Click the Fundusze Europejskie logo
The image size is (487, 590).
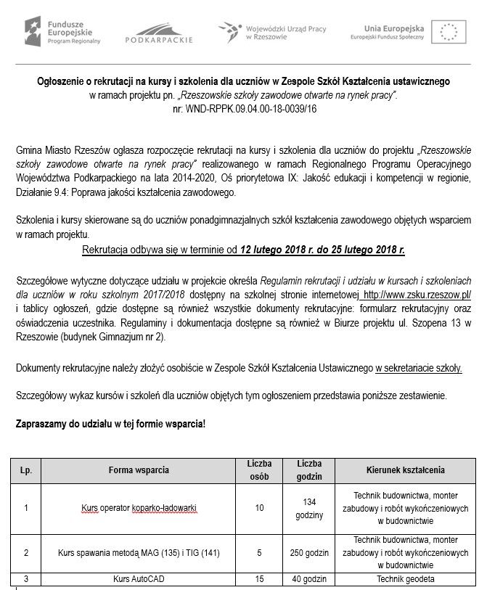pos(63,30)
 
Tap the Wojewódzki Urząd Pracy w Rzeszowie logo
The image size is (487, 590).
pos(272,31)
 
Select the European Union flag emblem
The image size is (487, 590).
pos(449,31)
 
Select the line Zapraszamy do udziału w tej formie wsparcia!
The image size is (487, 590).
pos(111,422)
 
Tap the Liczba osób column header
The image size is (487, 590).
pos(259,470)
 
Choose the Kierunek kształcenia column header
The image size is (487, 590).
pos(406,470)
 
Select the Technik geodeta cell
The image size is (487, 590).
pos(406,578)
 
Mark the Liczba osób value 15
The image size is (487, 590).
pos(259,578)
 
